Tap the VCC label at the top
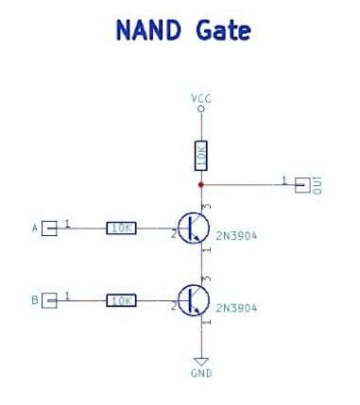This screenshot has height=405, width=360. click(x=200, y=97)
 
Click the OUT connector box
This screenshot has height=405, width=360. click(x=302, y=183)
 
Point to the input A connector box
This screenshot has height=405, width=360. click(x=50, y=228)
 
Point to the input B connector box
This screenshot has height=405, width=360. click(x=50, y=300)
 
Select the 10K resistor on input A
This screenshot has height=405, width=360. click(x=121, y=228)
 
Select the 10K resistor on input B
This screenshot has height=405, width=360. click(x=121, y=300)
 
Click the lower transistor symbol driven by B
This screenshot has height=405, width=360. click(x=193, y=300)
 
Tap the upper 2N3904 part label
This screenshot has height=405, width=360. click(x=236, y=237)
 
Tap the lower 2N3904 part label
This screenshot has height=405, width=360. click(x=236, y=309)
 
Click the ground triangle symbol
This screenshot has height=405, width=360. click(x=200, y=360)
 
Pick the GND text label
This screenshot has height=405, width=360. click(x=201, y=374)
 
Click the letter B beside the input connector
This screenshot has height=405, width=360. click(x=35, y=301)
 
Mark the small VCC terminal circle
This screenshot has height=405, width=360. click(x=200, y=109)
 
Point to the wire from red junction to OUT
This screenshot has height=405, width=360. click(x=246, y=183)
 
